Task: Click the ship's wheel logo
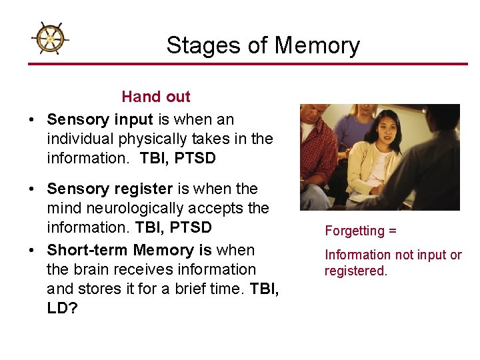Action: tap(49, 39)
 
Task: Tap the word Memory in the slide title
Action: tap(317, 45)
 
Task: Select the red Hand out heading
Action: tap(155, 97)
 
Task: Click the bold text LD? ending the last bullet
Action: tap(62, 308)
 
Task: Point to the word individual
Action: tap(78, 139)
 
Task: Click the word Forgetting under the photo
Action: tap(354, 231)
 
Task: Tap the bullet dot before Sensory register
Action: tap(32, 189)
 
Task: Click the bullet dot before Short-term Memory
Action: tap(32, 251)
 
